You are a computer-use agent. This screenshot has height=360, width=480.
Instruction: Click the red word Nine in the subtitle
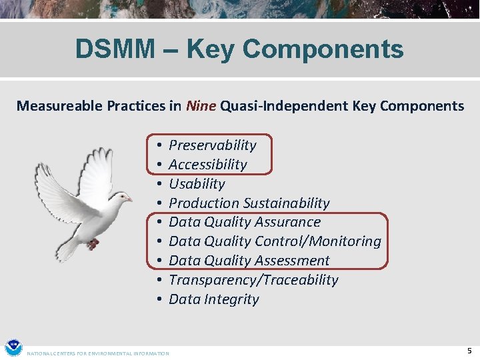click(201, 105)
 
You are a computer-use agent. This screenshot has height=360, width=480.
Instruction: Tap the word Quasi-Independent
click(277, 105)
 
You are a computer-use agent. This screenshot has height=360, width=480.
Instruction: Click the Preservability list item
click(212, 145)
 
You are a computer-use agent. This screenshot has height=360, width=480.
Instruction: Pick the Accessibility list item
click(207, 164)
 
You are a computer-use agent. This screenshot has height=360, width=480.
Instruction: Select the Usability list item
click(197, 183)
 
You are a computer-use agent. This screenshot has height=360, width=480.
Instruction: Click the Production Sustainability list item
click(249, 203)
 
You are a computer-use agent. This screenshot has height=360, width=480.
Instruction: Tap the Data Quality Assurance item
click(244, 222)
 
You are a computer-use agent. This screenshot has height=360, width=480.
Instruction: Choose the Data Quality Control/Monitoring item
click(275, 241)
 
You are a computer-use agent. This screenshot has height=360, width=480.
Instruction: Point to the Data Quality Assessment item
click(249, 261)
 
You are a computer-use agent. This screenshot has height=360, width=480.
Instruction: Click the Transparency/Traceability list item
click(253, 280)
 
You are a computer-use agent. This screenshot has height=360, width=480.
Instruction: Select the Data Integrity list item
click(213, 299)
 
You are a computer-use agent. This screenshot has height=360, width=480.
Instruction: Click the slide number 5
click(469, 351)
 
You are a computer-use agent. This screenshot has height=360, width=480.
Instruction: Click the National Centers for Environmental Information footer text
click(97, 353)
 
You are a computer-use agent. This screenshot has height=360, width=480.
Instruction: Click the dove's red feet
click(93, 244)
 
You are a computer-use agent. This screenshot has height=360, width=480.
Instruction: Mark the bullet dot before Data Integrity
click(161, 299)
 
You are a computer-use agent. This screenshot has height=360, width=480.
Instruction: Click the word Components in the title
click(323, 49)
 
